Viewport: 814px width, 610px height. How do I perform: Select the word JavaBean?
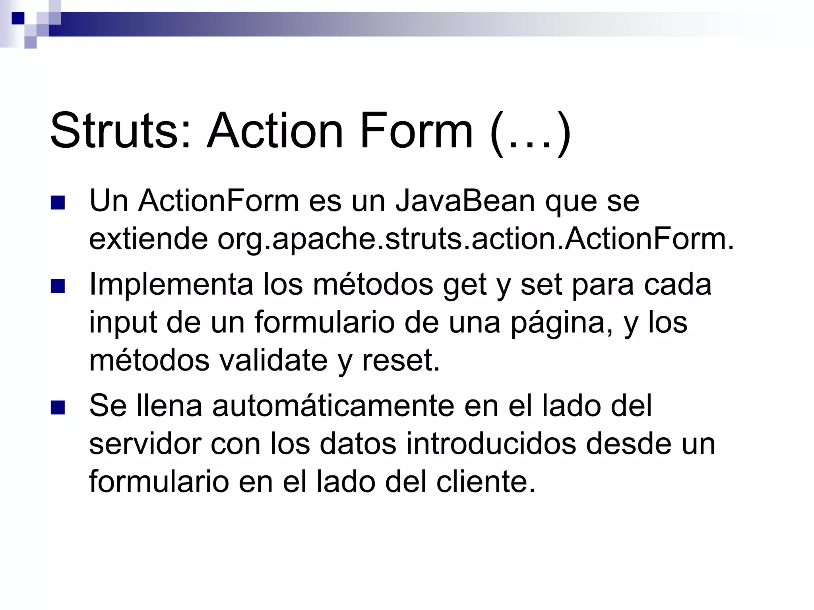[465, 201]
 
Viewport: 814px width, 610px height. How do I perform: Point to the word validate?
[273, 361]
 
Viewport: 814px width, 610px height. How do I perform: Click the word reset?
[401, 361]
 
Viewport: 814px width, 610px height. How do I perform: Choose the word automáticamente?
[333, 406]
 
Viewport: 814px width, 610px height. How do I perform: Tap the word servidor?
[145, 444]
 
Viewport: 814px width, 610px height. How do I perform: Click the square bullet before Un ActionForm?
[58, 203]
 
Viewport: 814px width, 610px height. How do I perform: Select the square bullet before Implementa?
[58, 286]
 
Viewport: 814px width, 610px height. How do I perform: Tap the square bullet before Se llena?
[58, 408]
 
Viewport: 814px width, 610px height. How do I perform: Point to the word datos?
[358, 444]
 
